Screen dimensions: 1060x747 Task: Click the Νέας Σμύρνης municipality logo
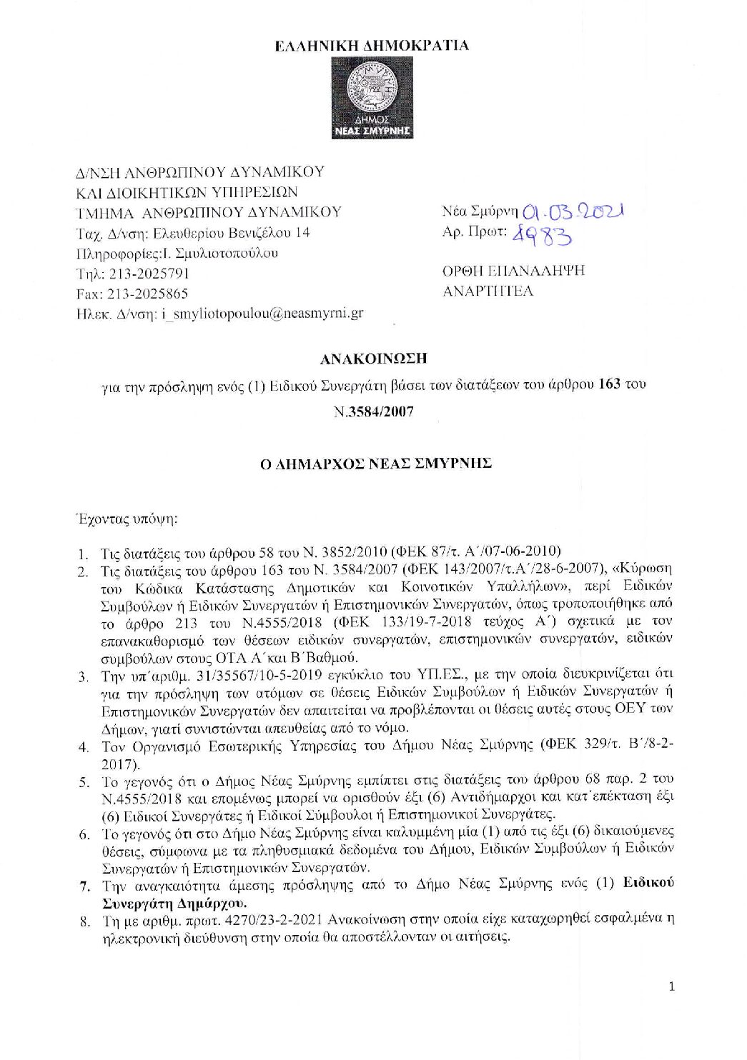point(372,99)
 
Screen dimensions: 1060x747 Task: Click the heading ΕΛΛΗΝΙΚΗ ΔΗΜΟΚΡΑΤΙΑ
point(372,46)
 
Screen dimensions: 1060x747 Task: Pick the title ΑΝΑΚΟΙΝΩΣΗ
point(373,358)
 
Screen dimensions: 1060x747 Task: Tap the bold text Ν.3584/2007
point(373,412)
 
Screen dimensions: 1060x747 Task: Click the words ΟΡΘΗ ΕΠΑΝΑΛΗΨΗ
point(513,271)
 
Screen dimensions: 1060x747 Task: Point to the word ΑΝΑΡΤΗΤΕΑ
point(488,291)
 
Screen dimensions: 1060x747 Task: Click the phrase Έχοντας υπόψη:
point(127,519)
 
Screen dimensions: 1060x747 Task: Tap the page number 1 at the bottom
point(671,986)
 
